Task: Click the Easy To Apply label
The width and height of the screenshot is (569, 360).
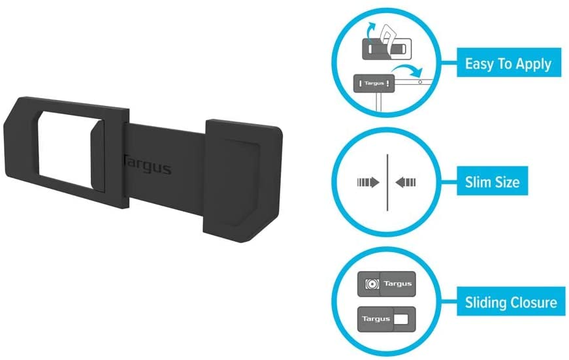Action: [x=508, y=64]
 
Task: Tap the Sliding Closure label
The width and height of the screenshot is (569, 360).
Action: [x=510, y=303]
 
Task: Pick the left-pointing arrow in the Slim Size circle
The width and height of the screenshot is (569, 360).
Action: [x=406, y=182]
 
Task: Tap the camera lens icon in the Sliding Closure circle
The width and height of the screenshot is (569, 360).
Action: [x=370, y=284]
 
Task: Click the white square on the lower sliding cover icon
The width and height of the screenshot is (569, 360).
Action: [x=402, y=319]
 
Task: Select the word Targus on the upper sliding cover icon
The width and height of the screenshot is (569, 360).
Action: [x=398, y=284]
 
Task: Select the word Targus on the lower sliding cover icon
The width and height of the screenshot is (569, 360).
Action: [x=376, y=319]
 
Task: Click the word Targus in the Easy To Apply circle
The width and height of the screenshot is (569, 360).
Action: [x=374, y=83]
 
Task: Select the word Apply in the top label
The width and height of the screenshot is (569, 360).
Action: [x=535, y=64]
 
